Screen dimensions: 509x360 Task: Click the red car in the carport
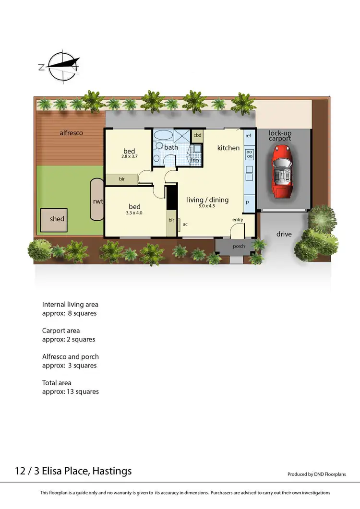[282, 171]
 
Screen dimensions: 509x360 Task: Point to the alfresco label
[71, 132]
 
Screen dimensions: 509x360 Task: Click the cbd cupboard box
[197, 135]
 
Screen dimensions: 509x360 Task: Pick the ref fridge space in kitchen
[248, 136]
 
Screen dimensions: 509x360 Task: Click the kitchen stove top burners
[250, 154]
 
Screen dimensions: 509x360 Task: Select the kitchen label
[228, 148]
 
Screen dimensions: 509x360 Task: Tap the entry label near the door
[238, 220]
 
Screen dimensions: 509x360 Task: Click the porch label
[239, 246]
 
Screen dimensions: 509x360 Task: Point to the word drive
[284, 234]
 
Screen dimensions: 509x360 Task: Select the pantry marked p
[248, 202]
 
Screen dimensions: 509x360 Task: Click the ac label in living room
[185, 224]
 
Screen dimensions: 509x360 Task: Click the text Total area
[57, 383]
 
